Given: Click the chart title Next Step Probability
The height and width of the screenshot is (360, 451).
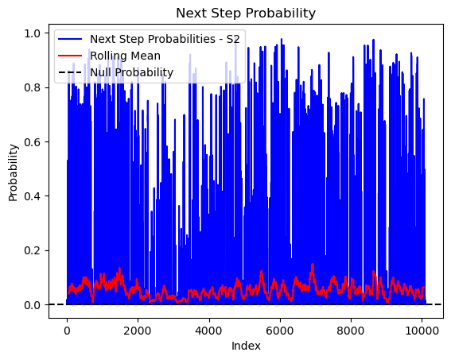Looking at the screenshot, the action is [x=246, y=14].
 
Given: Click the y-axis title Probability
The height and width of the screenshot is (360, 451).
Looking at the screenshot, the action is [x=13, y=172].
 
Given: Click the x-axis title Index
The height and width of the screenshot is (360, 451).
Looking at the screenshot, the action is [x=246, y=346].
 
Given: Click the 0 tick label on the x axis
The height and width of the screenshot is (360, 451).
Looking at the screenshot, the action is [x=67, y=331].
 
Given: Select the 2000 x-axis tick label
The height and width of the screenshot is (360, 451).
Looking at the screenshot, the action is [x=138, y=331].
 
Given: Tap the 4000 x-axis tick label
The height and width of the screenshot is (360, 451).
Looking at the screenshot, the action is [x=209, y=331].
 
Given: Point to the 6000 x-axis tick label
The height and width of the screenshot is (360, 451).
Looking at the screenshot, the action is [x=280, y=331].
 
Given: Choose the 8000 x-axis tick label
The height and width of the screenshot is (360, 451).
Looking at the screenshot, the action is [x=351, y=331].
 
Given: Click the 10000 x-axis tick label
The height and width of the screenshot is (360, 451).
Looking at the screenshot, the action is [x=422, y=331].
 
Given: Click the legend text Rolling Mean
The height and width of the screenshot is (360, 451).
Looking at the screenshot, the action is [x=125, y=56].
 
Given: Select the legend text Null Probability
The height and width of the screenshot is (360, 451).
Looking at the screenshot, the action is [x=132, y=72].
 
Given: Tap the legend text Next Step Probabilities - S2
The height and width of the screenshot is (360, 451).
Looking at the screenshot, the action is [x=165, y=39].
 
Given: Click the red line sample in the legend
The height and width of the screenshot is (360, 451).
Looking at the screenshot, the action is [x=70, y=56].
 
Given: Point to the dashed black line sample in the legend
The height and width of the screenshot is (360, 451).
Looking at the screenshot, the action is [x=70, y=72].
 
